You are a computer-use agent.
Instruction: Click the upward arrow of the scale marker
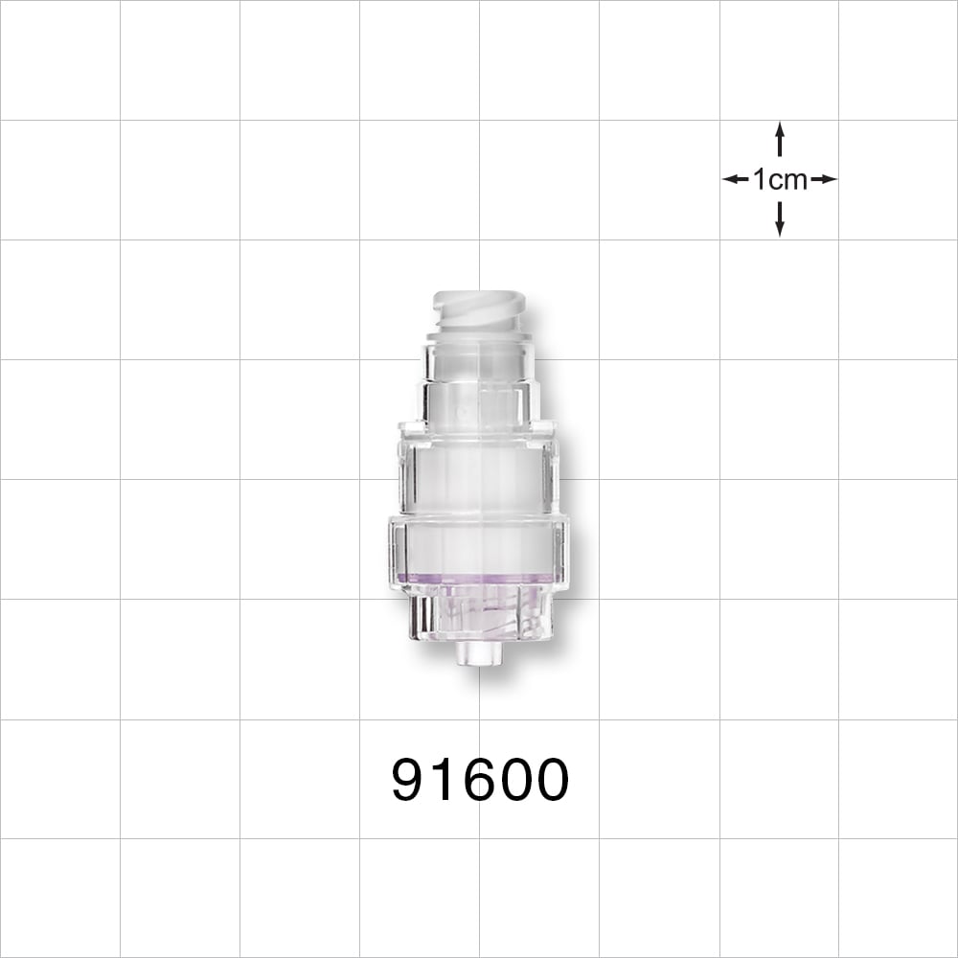[x=780, y=138]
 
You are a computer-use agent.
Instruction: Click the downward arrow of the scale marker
[x=780, y=219]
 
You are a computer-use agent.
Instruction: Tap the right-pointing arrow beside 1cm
[x=824, y=179]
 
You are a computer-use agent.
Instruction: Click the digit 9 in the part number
[x=409, y=780]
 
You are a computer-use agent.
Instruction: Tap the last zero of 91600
[x=550, y=780]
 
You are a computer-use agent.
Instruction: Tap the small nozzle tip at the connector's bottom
[x=477, y=654]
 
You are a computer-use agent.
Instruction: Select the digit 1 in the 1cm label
[x=759, y=179]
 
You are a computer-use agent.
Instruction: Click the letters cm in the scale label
[x=788, y=179]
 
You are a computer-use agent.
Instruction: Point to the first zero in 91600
[x=513, y=780]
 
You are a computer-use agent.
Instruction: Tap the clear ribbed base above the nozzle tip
[x=477, y=614]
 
